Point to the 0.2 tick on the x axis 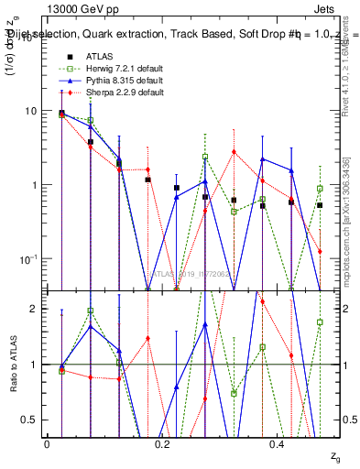162,443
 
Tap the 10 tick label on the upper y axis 29,111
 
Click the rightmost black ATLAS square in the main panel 320,205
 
